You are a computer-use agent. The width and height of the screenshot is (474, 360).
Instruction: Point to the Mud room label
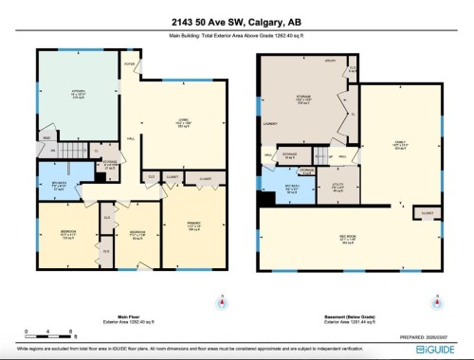click(45, 137)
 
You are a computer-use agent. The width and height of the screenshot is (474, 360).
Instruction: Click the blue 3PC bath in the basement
click(281, 188)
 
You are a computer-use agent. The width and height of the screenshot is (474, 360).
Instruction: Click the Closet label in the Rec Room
click(426, 214)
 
